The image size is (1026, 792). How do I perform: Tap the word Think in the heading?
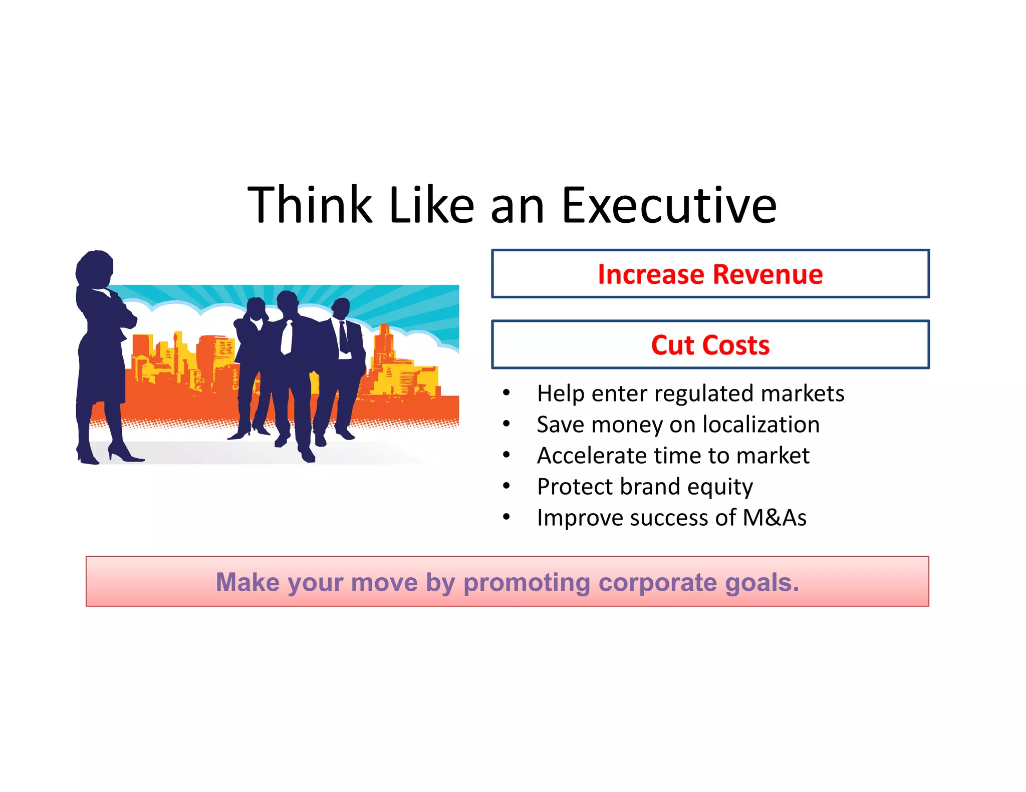coord(310,205)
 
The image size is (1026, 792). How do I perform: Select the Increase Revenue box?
coord(710,274)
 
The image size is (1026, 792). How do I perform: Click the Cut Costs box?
coord(710,345)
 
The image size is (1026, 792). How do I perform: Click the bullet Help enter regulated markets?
coord(690,393)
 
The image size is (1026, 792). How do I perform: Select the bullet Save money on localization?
coord(678,425)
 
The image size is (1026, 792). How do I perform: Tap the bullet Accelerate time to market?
coord(673,456)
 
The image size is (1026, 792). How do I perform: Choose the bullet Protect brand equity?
coord(645,487)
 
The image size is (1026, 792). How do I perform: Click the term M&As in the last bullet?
coord(775,518)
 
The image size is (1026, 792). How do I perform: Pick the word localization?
coord(761,425)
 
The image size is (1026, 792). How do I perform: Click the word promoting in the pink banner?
coord(527,582)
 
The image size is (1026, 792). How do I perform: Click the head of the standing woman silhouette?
coord(95,268)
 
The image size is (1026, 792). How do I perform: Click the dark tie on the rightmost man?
coord(343,335)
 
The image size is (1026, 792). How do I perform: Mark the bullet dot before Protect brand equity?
coord(506,486)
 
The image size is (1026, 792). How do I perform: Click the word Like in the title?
coord(431,205)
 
